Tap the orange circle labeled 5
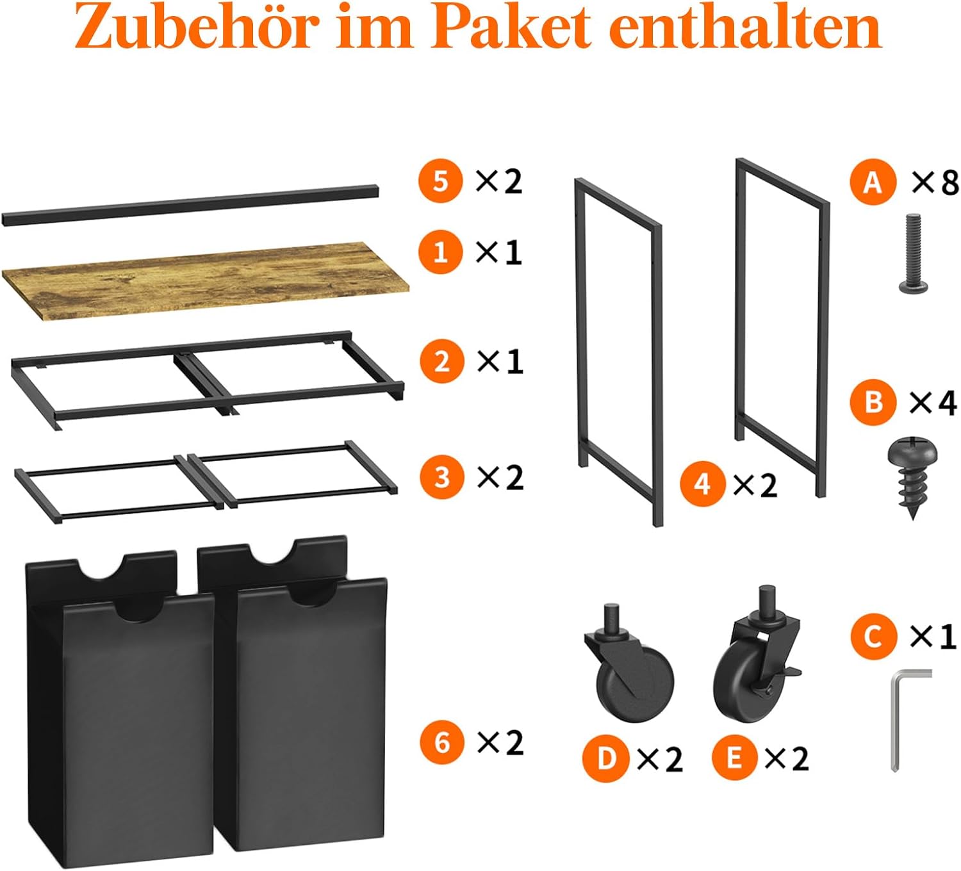click(440, 181)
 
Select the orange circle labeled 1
click(440, 252)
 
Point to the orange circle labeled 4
click(702, 484)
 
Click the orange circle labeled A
click(873, 182)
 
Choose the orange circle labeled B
click(873, 402)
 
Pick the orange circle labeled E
click(734, 758)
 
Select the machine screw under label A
click(914, 254)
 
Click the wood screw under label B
click(912, 476)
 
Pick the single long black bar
click(190, 204)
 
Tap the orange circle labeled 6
click(441, 742)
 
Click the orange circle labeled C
click(873, 637)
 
